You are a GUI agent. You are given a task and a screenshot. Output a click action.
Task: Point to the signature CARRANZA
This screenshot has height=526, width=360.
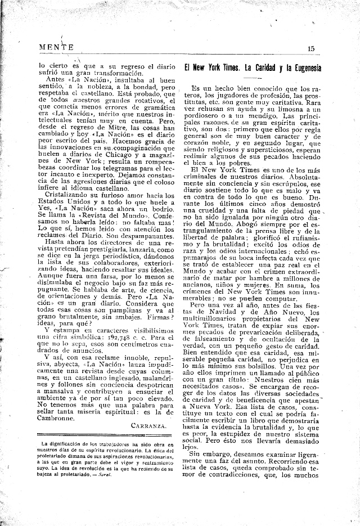coord(148,426)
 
